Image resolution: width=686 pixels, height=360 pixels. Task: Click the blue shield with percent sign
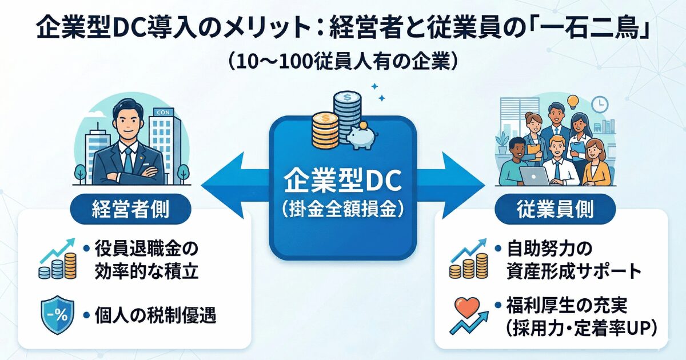click(x=56, y=315)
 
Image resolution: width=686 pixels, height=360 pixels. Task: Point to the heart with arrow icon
click(x=467, y=315)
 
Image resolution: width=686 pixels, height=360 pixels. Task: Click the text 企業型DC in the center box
click(x=343, y=182)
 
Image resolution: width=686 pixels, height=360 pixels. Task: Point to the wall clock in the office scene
click(x=600, y=104)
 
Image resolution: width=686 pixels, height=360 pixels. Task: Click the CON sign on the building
click(x=163, y=113)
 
